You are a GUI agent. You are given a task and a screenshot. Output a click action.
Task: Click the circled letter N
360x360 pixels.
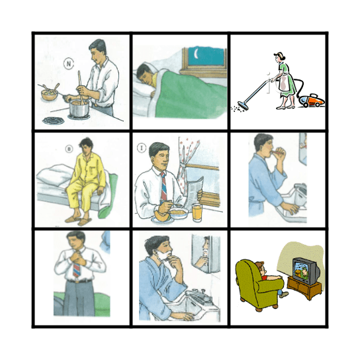[x=68, y=64]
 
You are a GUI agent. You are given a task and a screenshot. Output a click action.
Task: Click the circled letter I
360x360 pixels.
[x=141, y=148]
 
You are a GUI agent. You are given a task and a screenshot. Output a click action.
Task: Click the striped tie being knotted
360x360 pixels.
[x=77, y=269]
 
